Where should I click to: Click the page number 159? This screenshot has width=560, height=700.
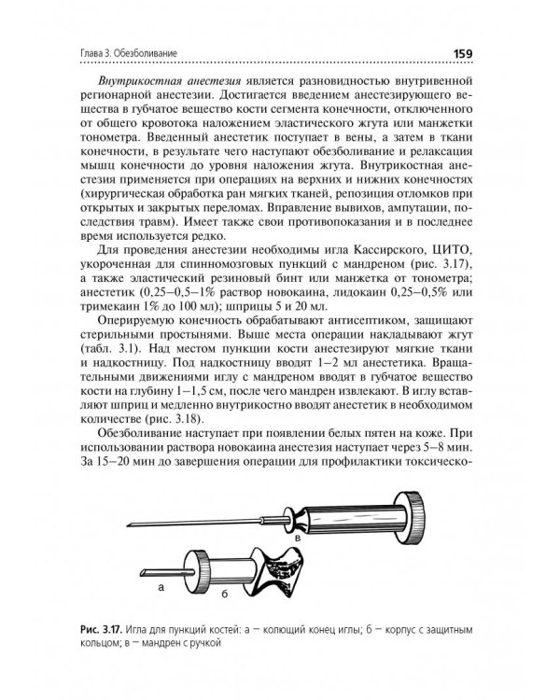[x=465, y=53]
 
